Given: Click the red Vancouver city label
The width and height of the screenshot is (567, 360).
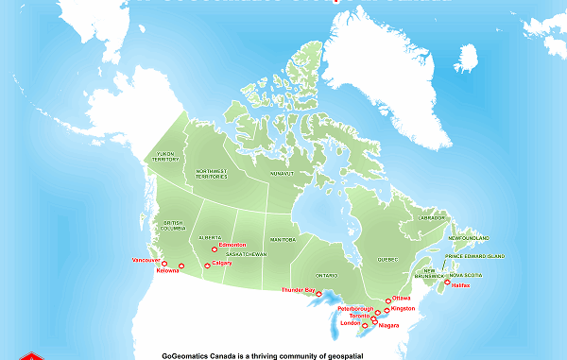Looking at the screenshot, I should click(x=146, y=259).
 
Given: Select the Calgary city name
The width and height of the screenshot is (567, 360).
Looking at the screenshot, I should click(x=222, y=264).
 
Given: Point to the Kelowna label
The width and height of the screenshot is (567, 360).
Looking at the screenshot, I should click(x=167, y=272).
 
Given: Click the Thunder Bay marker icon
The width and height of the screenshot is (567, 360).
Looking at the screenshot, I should click(x=319, y=293).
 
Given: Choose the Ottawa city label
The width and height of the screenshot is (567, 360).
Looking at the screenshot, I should click(x=402, y=297).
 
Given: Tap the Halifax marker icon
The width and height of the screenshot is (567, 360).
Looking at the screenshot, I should click(x=447, y=282).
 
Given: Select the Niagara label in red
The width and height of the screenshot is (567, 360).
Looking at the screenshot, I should click(x=387, y=325).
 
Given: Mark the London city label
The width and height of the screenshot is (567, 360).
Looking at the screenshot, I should click(x=351, y=324).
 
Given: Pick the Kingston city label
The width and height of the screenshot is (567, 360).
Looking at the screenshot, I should click(x=403, y=308).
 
